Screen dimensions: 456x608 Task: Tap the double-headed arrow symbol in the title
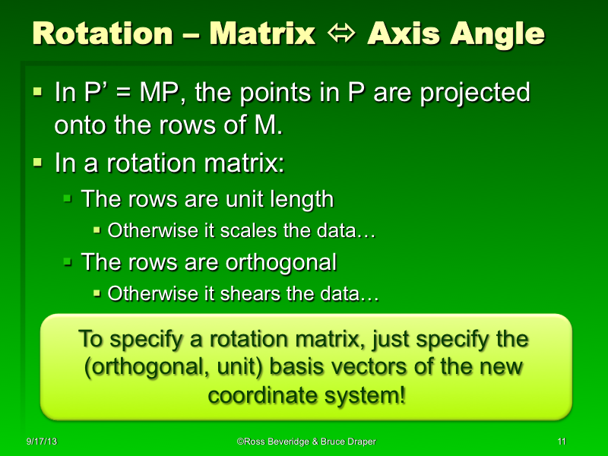[341, 35]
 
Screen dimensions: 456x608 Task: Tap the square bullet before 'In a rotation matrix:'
[39, 162]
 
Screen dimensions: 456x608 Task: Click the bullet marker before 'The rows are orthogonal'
[67, 262]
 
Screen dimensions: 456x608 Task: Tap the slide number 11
[562, 442]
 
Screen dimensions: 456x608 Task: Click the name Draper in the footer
[357, 442]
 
